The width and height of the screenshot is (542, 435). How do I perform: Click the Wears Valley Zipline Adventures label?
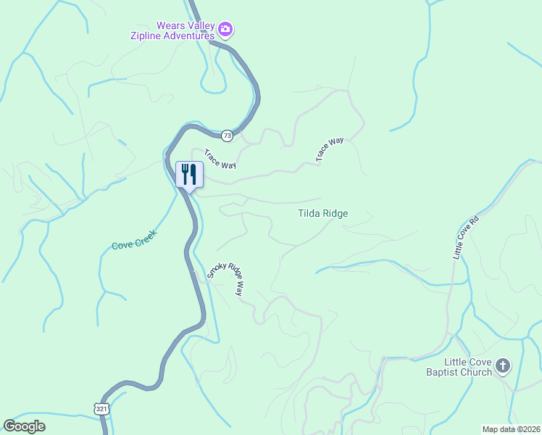172,29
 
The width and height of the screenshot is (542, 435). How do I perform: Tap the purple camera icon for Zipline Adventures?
226,29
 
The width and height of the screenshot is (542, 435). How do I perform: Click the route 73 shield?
228,136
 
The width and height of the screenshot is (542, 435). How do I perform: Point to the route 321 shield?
102,410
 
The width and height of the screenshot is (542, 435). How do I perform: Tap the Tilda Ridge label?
323,213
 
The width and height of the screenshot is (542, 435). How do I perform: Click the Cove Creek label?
134,240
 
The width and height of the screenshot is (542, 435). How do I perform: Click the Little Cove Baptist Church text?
469,367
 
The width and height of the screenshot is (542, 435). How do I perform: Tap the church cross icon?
504,367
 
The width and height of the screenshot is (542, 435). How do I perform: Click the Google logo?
25,426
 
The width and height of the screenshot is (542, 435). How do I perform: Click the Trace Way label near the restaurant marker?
220,159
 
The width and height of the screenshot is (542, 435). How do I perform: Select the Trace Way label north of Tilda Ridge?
329,149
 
